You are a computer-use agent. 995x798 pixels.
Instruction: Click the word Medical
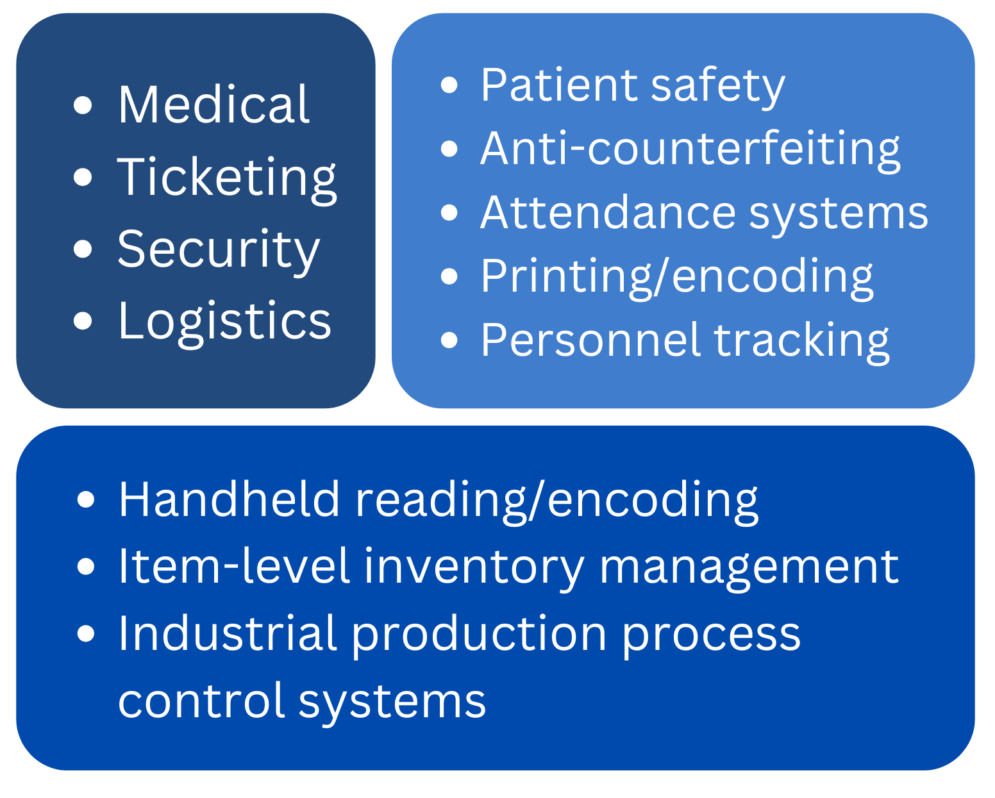pos(213,104)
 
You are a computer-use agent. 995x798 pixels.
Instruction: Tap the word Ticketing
pos(227,179)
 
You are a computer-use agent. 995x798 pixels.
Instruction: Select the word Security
pos(219,251)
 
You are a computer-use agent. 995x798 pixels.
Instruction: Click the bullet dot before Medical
pos(83,105)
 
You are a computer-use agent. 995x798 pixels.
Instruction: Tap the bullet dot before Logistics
pos(83,321)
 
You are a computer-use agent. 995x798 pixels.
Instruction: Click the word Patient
pos(560,85)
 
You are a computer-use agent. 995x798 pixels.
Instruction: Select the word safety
pos(717,88)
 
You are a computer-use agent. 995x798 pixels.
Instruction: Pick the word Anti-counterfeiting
pos(690,151)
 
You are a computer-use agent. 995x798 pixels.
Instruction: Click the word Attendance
pos(608,213)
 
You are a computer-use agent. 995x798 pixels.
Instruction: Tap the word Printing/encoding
pos(678,278)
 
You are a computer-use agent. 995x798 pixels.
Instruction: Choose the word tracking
pos(801,343)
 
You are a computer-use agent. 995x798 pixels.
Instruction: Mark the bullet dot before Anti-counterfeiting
pos(449,149)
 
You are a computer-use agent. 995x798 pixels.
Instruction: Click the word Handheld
pos(230,500)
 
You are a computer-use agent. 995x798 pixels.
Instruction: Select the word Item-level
pos(233,566)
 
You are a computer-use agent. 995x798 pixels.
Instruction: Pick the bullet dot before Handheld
pos(86,499)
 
